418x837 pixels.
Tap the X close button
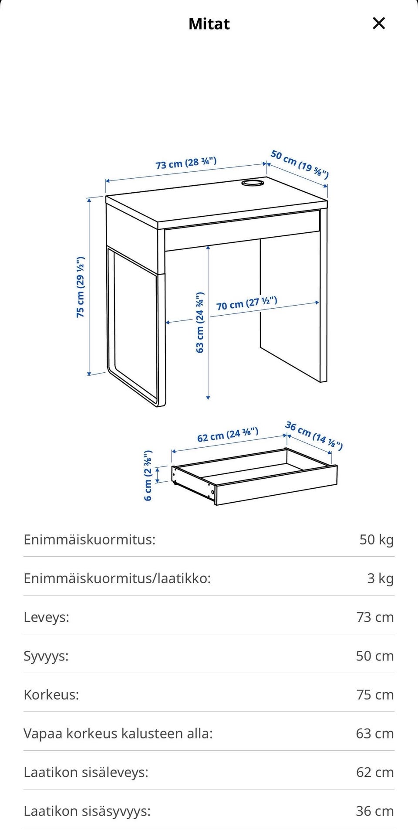coord(379,23)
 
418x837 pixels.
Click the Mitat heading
coord(209,24)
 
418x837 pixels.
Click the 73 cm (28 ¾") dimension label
coord(186,163)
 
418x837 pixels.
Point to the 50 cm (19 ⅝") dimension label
coord(300,164)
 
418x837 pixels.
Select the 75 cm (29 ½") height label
coord(81,287)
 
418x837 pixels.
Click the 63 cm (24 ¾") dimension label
coord(200,323)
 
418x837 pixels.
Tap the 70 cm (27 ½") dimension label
coord(246,303)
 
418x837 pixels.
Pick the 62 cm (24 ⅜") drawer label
coord(228,435)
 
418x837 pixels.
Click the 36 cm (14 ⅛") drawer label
coord(313,435)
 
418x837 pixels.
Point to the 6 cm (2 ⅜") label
coord(148,475)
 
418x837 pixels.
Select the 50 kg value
coord(376,540)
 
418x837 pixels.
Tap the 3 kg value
coord(380,578)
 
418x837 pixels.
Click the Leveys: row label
coord(47,617)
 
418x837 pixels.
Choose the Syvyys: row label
coord(46,656)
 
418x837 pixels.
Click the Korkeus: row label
coord(51,695)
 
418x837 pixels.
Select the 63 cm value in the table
coord(374,734)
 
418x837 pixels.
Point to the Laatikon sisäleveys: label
coord(86,772)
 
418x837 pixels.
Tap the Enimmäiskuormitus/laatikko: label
coord(117,578)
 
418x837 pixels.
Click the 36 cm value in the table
coord(374,811)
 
